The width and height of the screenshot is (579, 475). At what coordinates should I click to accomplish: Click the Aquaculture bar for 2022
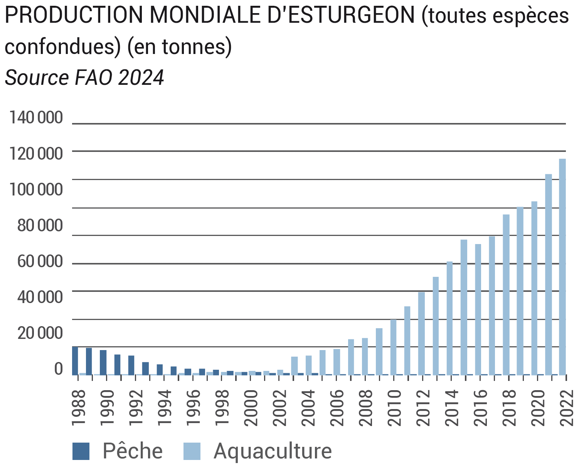(562, 266)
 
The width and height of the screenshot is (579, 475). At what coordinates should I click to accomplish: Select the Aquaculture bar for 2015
(464, 307)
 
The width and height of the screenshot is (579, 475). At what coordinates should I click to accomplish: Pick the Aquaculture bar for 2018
(506, 294)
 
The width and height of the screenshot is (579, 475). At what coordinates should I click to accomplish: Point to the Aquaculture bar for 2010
(393, 347)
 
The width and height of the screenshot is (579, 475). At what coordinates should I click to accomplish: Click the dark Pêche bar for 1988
(75, 360)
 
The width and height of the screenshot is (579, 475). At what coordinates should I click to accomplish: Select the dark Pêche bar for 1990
(103, 362)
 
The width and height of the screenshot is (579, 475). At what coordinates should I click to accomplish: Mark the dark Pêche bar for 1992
(131, 365)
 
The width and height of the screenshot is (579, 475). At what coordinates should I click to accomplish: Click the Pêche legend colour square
(81, 451)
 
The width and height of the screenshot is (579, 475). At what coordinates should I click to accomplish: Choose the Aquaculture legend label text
(273, 451)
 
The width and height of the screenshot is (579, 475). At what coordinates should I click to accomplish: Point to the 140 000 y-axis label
(36, 118)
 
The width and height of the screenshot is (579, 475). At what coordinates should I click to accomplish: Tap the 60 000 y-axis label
(40, 261)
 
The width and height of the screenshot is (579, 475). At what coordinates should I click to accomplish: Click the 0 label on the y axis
(58, 369)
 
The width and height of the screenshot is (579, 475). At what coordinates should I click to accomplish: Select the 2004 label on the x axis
(308, 408)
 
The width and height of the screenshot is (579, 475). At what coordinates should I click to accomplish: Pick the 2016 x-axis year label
(480, 408)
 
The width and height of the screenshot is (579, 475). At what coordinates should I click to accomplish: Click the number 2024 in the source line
(141, 78)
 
